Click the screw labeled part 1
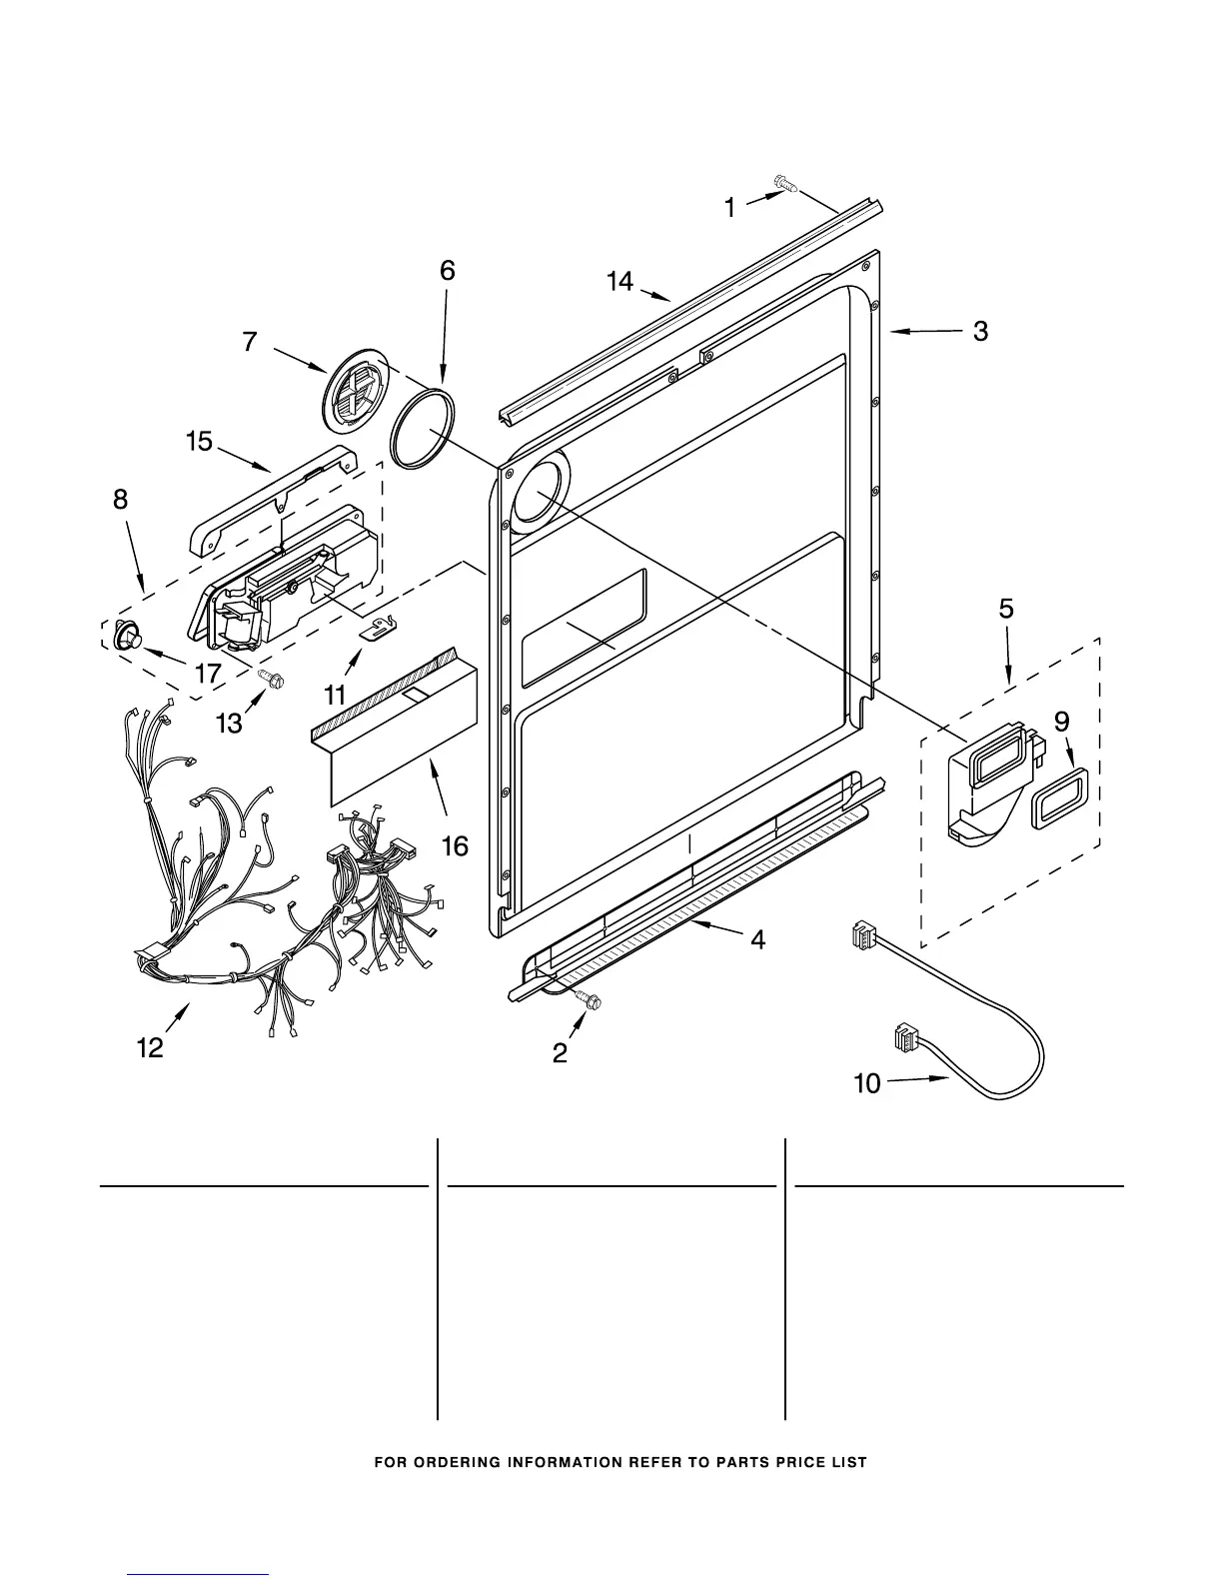point(784,183)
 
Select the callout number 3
point(980,332)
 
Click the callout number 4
point(758,939)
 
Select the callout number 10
point(867,1082)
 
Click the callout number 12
point(150,1048)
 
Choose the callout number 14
point(620,282)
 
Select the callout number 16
point(455,846)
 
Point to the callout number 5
point(1006,608)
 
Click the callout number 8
point(120,500)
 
